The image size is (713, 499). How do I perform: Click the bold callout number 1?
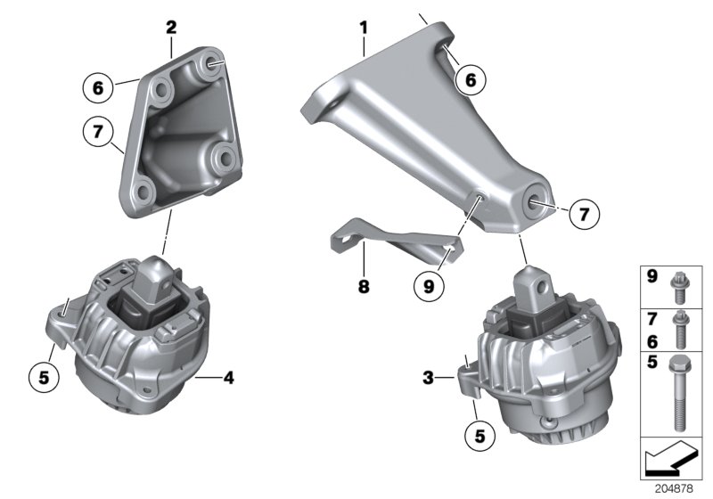[x=364, y=28]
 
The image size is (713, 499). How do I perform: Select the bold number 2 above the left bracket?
[x=171, y=28]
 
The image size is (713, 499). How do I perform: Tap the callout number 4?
[x=229, y=378]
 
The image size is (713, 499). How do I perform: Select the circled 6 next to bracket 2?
[x=99, y=87]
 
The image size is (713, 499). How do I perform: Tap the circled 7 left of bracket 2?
[x=99, y=133]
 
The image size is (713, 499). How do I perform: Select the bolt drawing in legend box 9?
[x=677, y=285]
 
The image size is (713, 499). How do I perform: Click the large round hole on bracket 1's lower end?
[x=540, y=201]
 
